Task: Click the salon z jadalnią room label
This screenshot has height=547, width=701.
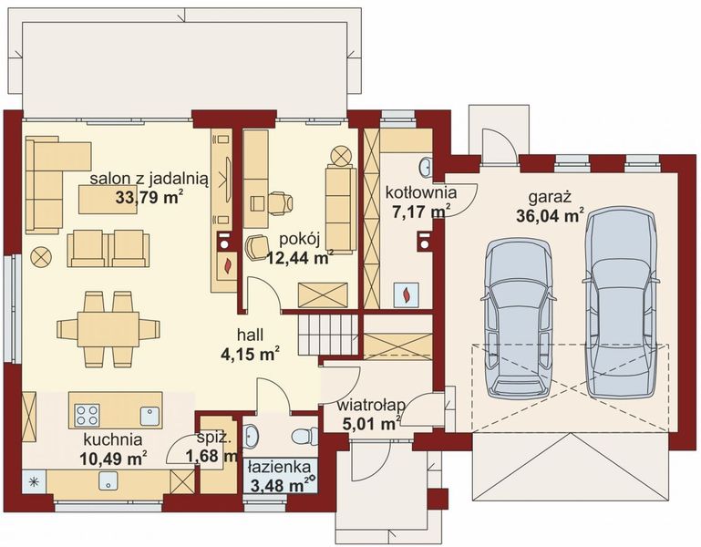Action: point(149,179)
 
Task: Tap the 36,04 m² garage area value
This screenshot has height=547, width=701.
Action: point(551,215)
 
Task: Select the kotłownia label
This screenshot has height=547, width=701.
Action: point(420,192)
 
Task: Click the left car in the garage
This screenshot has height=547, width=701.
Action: point(519,317)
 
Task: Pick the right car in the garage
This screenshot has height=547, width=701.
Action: point(621,304)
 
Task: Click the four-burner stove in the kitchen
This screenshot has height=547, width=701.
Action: point(88,415)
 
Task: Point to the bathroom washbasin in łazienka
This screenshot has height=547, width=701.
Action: point(252,436)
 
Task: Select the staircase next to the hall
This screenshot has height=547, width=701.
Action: point(328,334)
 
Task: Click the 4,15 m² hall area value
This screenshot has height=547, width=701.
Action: point(251,354)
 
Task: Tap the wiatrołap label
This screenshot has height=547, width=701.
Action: point(371,406)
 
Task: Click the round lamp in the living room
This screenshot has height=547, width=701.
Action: point(41,258)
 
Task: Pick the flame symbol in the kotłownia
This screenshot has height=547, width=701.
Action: point(407,294)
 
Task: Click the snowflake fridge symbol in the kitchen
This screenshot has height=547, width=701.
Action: point(34,481)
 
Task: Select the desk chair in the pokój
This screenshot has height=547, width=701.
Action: point(281,202)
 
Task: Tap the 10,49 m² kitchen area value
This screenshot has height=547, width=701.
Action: point(114,458)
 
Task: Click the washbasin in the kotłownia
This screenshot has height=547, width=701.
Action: point(426,167)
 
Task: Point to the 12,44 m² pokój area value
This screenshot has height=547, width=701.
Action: point(300,257)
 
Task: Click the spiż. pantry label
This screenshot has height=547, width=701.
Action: point(214,439)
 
